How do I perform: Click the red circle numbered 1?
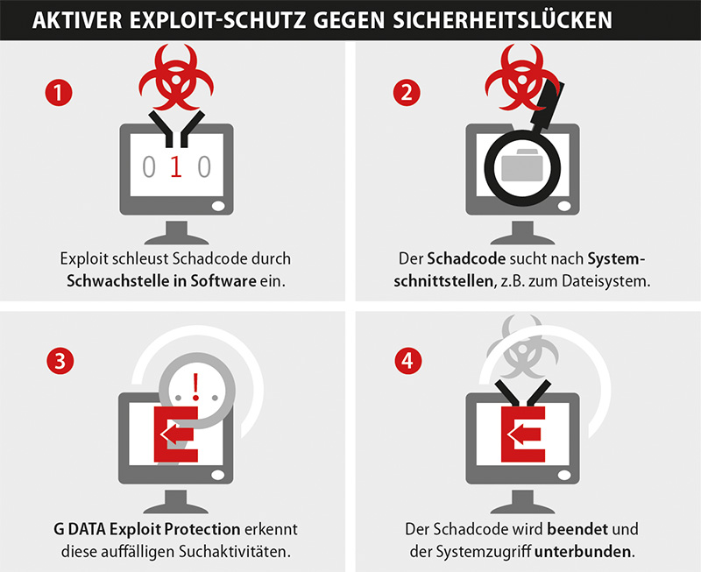pyautogui.click(x=59, y=93)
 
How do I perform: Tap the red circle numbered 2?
pyautogui.click(x=407, y=93)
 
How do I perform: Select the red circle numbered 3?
pyautogui.click(x=60, y=361)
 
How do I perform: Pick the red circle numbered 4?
pyautogui.click(x=407, y=361)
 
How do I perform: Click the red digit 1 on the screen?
pyautogui.click(x=176, y=167)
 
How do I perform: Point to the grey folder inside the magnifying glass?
pyautogui.click(x=522, y=165)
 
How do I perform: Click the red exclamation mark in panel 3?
pyautogui.click(x=195, y=386)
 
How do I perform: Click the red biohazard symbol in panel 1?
pyautogui.click(x=176, y=77)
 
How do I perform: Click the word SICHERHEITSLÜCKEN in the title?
pyautogui.click(x=502, y=20)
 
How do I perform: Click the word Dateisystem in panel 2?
pyautogui.click(x=605, y=281)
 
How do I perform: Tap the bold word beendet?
pyautogui.click(x=577, y=529)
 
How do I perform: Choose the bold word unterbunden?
pyautogui.click(x=583, y=552)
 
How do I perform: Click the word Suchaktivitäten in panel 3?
pyautogui.click(x=234, y=552)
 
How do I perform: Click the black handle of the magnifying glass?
pyautogui.click(x=547, y=105)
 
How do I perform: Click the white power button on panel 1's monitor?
pyautogui.click(x=218, y=207)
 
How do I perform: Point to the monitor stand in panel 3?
pyautogui.click(x=176, y=501)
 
